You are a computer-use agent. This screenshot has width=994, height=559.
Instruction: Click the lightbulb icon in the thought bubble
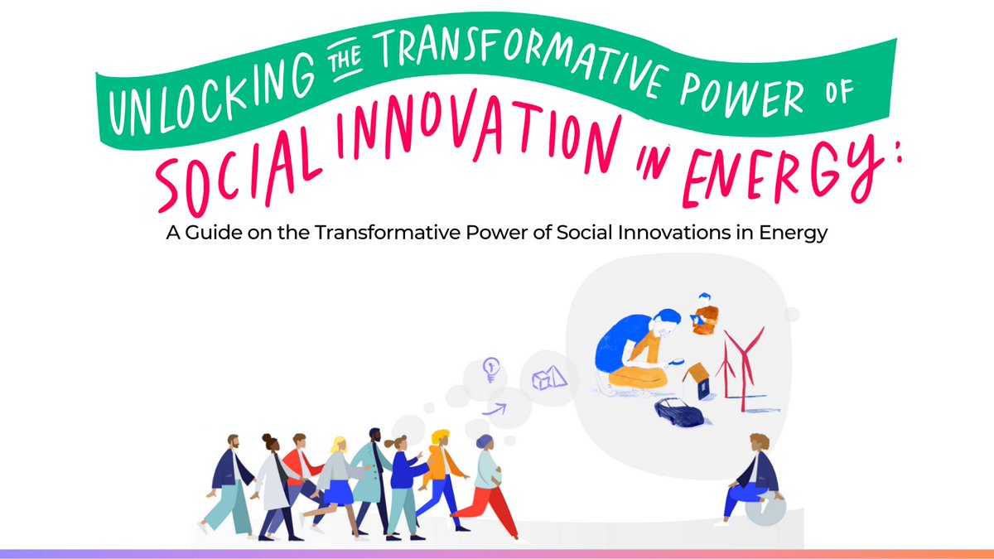tap(492, 369)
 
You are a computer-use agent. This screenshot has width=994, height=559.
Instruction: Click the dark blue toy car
tap(678, 409)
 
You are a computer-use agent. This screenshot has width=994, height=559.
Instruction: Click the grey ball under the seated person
tap(765, 510)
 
